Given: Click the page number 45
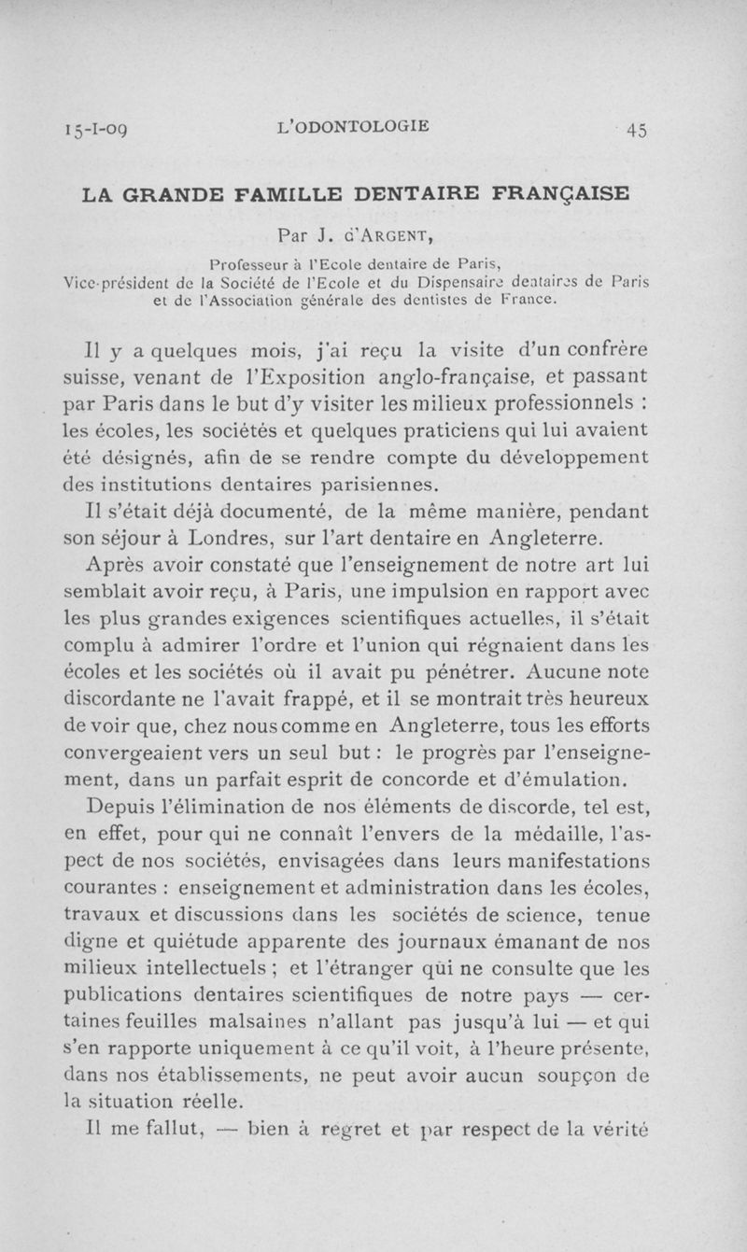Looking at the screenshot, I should click(x=638, y=130).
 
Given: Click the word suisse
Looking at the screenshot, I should click(x=96, y=379).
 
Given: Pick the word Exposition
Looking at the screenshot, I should click(x=327, y=379).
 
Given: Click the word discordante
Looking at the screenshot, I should click(x=144, y=698).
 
